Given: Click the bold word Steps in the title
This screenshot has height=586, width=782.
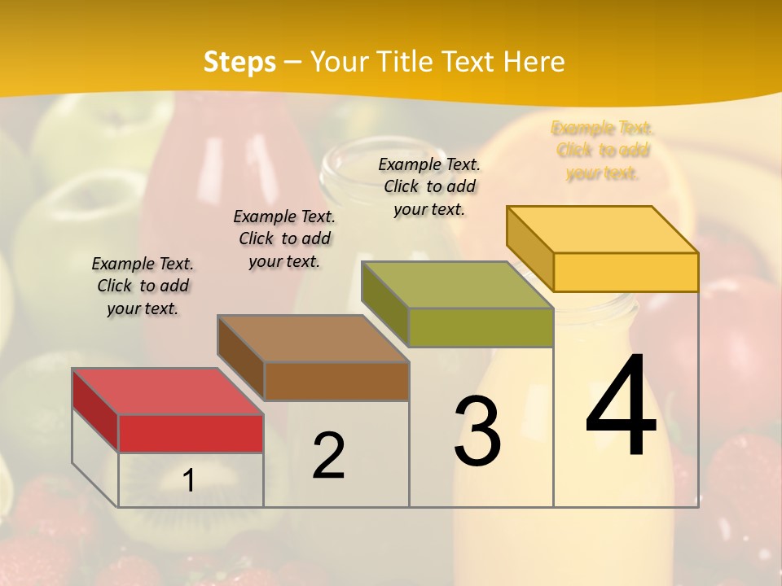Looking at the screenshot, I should pos(239,62).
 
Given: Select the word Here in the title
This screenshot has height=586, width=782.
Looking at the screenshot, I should pos(534,62).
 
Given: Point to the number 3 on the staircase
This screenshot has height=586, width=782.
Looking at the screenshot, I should pos(477,431).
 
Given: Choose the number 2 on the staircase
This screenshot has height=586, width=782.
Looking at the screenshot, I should pos(328,456).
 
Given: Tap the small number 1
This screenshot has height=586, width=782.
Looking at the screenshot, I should pos(189,481).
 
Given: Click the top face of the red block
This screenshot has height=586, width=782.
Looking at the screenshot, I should pos(167,391).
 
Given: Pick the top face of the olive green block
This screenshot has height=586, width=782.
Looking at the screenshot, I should pos(456,285).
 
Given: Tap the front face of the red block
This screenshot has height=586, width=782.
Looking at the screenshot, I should pos(191,433).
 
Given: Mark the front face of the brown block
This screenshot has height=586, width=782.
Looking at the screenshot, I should pos(336,381).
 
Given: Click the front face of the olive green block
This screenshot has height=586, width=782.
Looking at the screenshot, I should pos(481,327).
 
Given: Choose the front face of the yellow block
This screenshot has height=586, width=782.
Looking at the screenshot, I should pos(625,272).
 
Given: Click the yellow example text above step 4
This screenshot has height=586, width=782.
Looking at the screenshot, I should pos(603,151).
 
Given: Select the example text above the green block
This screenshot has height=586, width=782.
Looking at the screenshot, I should pos(429,186).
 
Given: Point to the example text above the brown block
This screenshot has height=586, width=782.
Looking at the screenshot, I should pos(284,238).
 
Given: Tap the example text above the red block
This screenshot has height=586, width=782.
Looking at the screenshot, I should pos(143,286).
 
